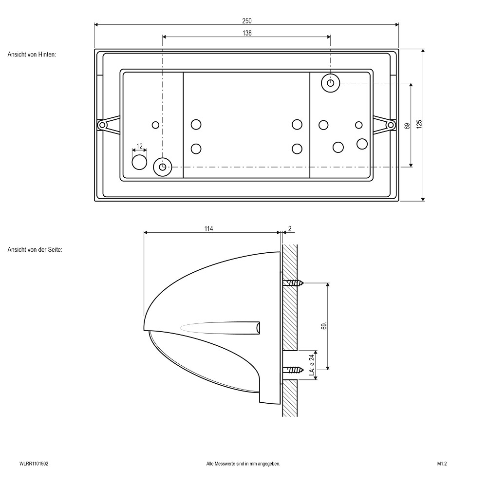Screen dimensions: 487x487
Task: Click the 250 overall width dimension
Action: pyautogui.click(x=247, y=20)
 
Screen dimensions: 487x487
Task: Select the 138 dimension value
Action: pyautogui.click(x=247, y=33)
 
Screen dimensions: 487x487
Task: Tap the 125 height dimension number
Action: pyautogui.click(x=419, y=124)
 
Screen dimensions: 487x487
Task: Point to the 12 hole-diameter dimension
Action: pyautogui.click(x=140, y=146)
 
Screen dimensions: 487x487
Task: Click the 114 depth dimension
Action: pyautogui.click(x=209, y=228)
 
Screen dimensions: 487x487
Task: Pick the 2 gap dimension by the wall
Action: pyautogui.click(x=289, y=228)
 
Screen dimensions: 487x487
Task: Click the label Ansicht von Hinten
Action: pyautogui.click(x=32, y=55)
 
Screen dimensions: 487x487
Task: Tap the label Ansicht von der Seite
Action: pyautogui.click(x=35, y=249)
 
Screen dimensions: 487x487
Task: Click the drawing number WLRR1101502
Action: pyautogui.click(x=34, y=464)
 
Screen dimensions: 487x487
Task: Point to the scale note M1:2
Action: pyautogui.click(x=442, y=464)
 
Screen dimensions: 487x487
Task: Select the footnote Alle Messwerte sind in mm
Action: pyautogui.click(x=243, y=464)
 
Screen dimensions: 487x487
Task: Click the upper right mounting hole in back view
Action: pyautogui.click(x=331, y=83)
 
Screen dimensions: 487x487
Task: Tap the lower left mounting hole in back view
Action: pyautogui.click(x=163, y=167)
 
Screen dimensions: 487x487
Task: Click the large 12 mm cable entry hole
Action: pyautogui.click(x=140, y=162)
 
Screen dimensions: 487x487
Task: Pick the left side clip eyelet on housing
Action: pyautogui.click(x=102, y=125)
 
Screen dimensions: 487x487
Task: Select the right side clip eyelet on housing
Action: pyautogui.click(x=390, y=125)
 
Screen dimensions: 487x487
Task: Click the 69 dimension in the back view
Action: pyautogui.click(x=407, y=125)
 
